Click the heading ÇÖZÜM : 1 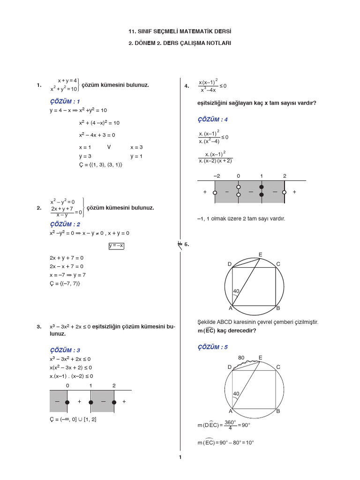(65, 101)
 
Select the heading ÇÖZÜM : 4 (212, 120)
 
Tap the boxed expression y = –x (116, 246)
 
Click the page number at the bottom (180, 457)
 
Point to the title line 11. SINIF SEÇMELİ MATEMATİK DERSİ (180, 31)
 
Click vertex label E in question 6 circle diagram (260, 255)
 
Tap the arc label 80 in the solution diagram (241, 358)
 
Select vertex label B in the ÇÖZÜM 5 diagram (278, 411)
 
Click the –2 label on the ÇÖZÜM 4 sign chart (216, 176)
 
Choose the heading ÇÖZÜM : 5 (212, 347)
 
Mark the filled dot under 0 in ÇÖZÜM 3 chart (67, 402)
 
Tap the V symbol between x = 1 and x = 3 (109, 147)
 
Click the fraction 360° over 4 (230, 425)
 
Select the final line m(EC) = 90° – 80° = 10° (225, 442)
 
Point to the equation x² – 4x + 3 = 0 (97, 135)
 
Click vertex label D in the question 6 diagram (230, 264)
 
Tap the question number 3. (38, 327)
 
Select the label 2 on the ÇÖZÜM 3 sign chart (114, 385)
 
